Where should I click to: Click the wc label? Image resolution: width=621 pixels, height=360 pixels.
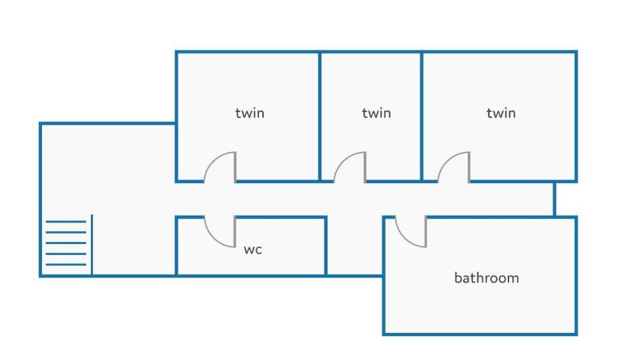click(253, 250)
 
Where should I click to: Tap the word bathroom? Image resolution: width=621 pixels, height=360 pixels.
click(486, 277)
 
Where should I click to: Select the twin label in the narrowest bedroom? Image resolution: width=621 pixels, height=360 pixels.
click(376, 113)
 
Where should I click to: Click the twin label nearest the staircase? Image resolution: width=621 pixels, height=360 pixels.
click(249, 113)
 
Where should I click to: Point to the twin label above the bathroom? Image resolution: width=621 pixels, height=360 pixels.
click(501, 113)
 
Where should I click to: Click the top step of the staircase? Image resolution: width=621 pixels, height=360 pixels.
click(66, 222)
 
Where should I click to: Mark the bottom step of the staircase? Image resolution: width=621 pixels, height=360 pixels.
click(66, 264)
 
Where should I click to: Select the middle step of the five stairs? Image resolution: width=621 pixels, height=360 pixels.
click(66, 243)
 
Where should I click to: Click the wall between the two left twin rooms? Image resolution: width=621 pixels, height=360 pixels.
click(319, 117)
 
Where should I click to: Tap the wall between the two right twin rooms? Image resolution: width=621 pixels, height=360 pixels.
click(422, 117)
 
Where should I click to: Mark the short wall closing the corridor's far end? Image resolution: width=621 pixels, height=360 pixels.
click(555, 199)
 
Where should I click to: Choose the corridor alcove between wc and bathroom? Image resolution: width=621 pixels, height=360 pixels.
click(355, 245)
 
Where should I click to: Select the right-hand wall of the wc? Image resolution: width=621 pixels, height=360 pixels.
click(325, 246)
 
